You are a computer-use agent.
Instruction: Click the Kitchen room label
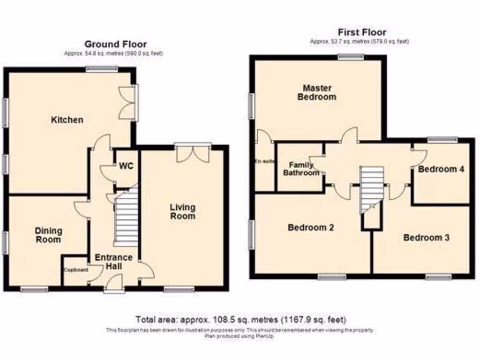pos(67,120)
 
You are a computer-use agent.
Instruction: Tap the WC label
pos(126,166)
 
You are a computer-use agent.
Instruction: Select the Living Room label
pos(182,211)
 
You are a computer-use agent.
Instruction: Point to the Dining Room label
pos(48,235)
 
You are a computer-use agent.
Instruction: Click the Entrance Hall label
pos(114,262)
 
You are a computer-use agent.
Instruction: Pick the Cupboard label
pos(76,270)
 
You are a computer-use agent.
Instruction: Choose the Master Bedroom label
pos(319,92)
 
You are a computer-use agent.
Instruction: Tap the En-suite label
pos(264,161)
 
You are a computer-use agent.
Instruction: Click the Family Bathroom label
pos(301,169)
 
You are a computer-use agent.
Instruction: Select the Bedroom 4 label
pos(441,169)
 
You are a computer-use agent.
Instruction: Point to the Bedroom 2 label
pos(311,228)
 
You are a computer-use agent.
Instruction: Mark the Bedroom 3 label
pos(427,238)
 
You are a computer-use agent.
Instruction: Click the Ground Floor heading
pos(115,45)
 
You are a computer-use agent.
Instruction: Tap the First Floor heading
pos(362,32)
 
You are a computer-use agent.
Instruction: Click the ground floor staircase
pos(126,220)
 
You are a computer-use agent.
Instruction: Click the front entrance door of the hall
pos(114,284)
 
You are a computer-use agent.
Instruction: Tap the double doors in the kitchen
pos(127,103)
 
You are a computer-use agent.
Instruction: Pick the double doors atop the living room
pos(193,154)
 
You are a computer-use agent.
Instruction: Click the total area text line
pos(241,320)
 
